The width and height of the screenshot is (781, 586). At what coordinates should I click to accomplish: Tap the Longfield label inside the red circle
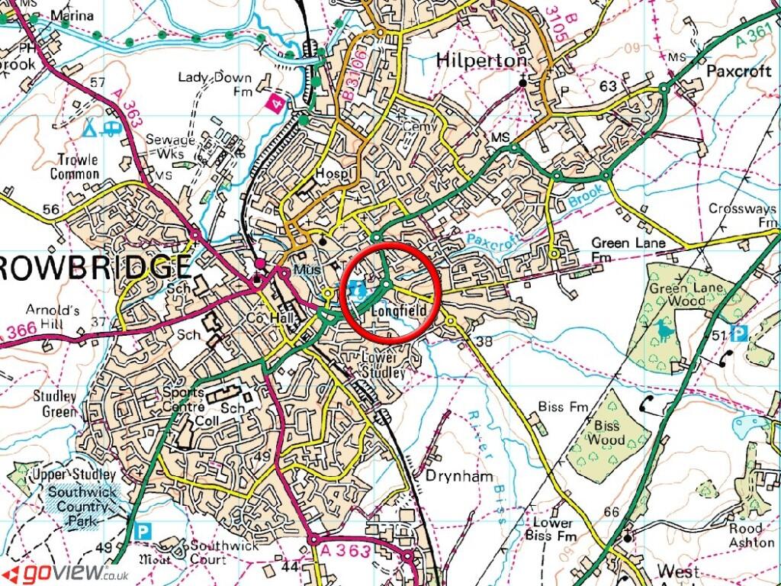(x=397, y=311)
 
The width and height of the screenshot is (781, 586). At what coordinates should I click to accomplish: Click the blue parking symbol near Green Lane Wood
(x=738, y=333)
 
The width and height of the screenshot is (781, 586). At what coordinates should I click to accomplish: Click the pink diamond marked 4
(x=272, y=102)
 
